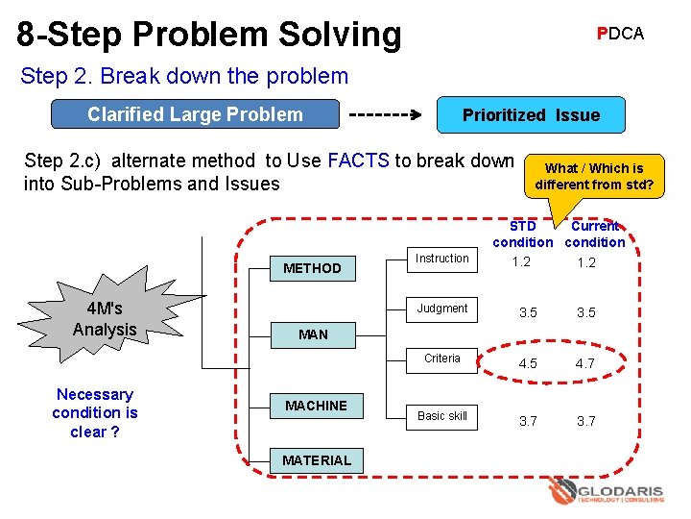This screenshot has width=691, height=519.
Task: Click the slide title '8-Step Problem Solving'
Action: point(209,35)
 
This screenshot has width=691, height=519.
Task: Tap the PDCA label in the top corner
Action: point(620,34)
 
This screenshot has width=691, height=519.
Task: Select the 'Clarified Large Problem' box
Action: point(195,115)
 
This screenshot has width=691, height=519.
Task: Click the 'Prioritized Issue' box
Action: point(531,115)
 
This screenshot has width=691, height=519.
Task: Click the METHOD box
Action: point(312,268)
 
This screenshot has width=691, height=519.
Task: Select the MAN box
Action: point(312,334)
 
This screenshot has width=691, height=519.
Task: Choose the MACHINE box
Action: point(316,406)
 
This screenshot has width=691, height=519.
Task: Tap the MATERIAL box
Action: point(316,460)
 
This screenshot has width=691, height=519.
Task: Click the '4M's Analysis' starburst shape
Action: point(105,319)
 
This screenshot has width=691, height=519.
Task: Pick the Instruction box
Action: point(442,259)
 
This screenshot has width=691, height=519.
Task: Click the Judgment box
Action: point(442,309)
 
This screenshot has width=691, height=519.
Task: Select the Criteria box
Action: point(442,358)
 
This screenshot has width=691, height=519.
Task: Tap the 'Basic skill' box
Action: point(442,416)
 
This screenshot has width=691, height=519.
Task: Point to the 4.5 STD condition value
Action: point(528,364)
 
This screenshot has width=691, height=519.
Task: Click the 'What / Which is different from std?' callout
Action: point(594,176)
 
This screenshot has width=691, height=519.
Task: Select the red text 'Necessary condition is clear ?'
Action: point(94,412)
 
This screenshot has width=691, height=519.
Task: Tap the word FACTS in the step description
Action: point(358,161)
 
